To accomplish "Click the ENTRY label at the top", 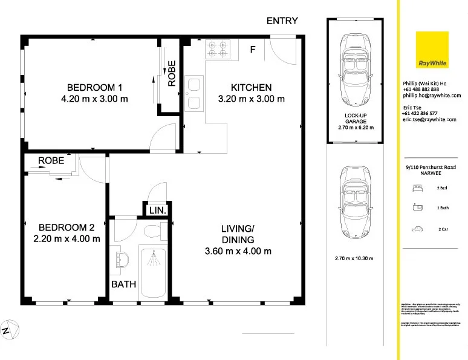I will pyautogui.click(x=282, y=21).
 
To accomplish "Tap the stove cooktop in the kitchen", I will pyautogui.click(x=218, y=49).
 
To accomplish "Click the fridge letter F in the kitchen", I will pyautogui.click(x=253, y=50).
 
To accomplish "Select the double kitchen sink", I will pyautogui.click(x=194, y=94).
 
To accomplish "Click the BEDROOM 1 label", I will pyautogui.click(x=94, y=86).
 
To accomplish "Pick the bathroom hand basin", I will pyautogui.click(x=120, y=261).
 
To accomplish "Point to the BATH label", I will pyautogui.click(x=123, y=284).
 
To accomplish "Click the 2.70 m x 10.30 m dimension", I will pyautogui.click(x=354, y=258).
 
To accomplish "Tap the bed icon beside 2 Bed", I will pyautogui.click(x=417, y=188).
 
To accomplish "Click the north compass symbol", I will pyautogui.click(x=8, y=330).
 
